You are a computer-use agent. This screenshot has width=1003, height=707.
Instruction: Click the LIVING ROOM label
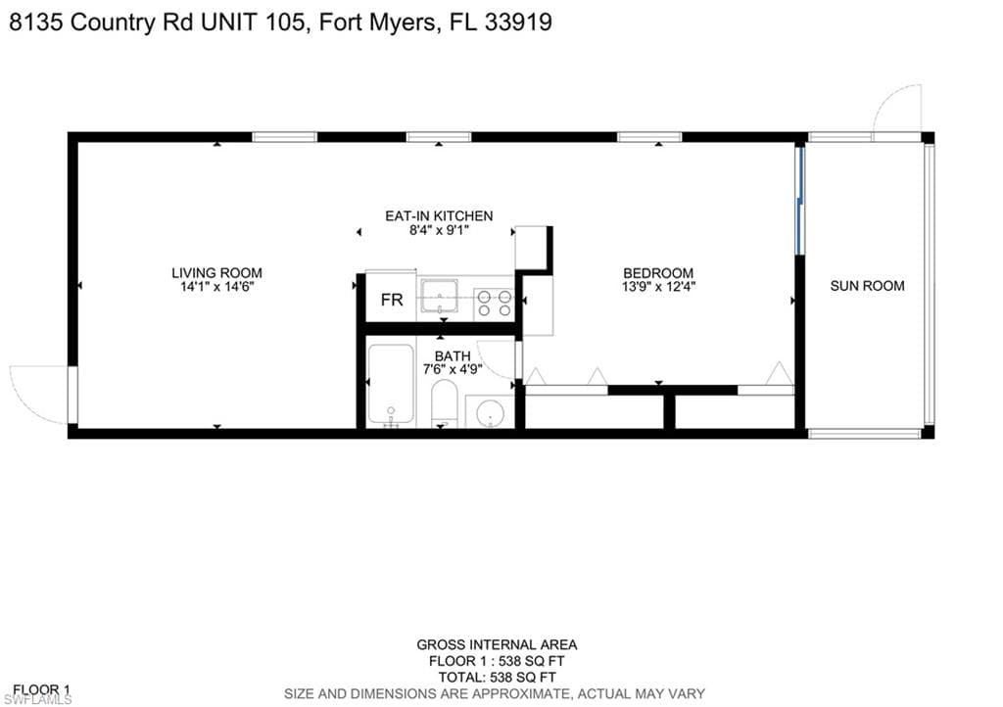pyautogui.click(x=216, y=273)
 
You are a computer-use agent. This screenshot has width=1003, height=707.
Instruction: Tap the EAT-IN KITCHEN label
pyautogui.click(x=439, y=216)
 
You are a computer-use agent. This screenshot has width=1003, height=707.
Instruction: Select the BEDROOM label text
pyautogui.click(x=658, y=273)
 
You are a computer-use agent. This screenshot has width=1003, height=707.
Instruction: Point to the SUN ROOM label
pyautogui.click(x=868, y=286)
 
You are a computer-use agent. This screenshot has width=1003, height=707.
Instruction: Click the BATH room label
pyautogui.click(x=453, y=356)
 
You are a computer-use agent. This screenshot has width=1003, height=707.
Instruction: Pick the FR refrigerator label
pyautogui.click(x=392, y=300)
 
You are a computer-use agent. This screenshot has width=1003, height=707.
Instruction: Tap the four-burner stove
pyautogui.click(x=495, y=304)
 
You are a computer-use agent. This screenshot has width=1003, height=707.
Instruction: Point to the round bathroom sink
pyautogui.click(x=491, y=412)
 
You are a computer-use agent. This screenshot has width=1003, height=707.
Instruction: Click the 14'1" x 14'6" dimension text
pyautogui.click(x=216, y=286)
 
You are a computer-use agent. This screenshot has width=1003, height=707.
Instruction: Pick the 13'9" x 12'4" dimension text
pyautogui.click(x=658, y=286)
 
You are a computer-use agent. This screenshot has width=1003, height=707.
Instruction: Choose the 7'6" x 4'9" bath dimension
pyautogui.click(x=453, y=369)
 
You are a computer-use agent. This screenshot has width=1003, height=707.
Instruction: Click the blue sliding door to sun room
pyautogui.click(x=799, y=201)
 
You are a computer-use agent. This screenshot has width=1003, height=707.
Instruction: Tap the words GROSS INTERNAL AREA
pyautogui.click(x=497, y=645)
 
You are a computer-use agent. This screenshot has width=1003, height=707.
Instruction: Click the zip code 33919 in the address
pyautogui.click(x=518, y=23)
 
